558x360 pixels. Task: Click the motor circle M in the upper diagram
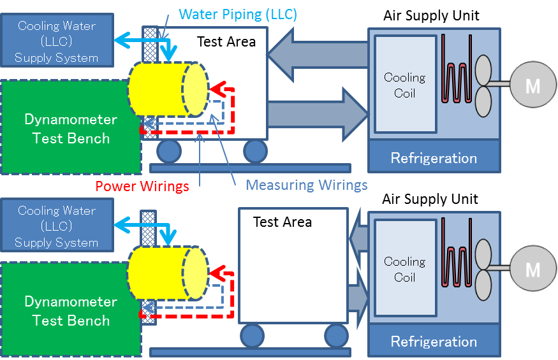(532, 85)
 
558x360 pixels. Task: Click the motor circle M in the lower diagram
(532, 269)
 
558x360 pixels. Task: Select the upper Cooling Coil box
(404, 85)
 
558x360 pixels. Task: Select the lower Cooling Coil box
(404, 269)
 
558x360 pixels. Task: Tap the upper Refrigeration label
(434, 158)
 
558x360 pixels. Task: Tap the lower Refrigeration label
(434, 342)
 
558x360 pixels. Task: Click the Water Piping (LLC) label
(238, 14)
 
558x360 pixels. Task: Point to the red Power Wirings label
(142, 186)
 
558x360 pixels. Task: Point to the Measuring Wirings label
(306, 185)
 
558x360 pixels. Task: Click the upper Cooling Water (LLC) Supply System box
(57, 41)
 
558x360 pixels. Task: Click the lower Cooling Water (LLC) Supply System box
(57, 226)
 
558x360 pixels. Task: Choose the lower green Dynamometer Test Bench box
(70, 311)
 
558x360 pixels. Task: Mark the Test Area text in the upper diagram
(226, 42)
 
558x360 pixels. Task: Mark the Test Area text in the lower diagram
(283, 222)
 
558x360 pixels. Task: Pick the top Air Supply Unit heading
(431, 15)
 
